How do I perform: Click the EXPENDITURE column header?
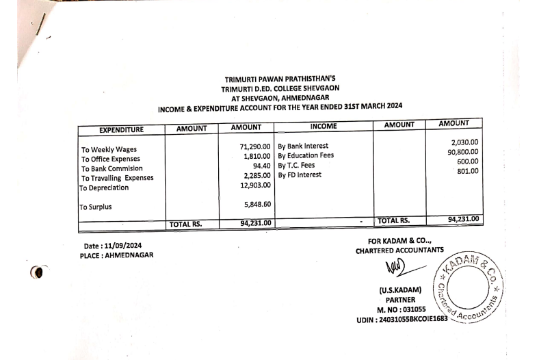coord(121,129)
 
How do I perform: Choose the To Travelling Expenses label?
coord(118,178)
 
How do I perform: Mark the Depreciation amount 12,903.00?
coord(252,185)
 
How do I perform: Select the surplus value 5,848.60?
coord(254,204)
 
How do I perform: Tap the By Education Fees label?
coord(306,155)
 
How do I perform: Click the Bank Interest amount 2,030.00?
coord(465,142)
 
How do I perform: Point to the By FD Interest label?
coord(301,175)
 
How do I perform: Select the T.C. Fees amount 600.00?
coord(468,162)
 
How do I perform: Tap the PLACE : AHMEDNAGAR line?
coord(116,255)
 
